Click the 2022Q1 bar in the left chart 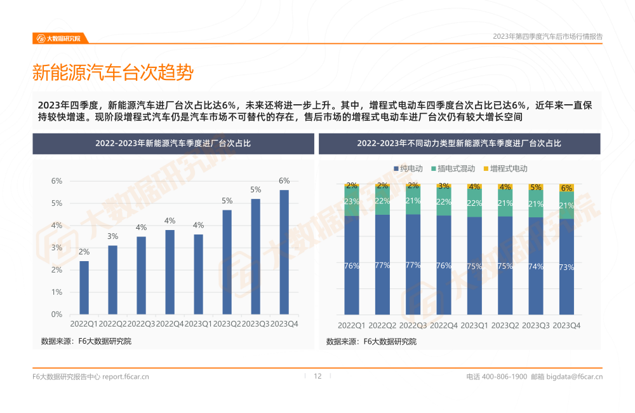click(84, 287)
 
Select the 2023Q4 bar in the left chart click(284, 252)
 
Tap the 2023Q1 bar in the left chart click(198, 274)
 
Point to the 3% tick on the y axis click(57, 248)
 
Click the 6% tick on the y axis click(57, 181)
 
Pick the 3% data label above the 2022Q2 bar click(112, 236)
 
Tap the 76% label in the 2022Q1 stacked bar click(352, 266)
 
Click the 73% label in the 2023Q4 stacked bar click(566, 268)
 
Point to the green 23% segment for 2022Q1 click(352, 201)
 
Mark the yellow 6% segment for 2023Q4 click(566, 187)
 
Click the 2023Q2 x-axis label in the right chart click(505, 325)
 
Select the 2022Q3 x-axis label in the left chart click(141, 324)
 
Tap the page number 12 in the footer click(318, 376)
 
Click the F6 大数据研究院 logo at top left click(58, 38)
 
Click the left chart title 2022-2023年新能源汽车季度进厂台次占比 click(173, 144)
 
